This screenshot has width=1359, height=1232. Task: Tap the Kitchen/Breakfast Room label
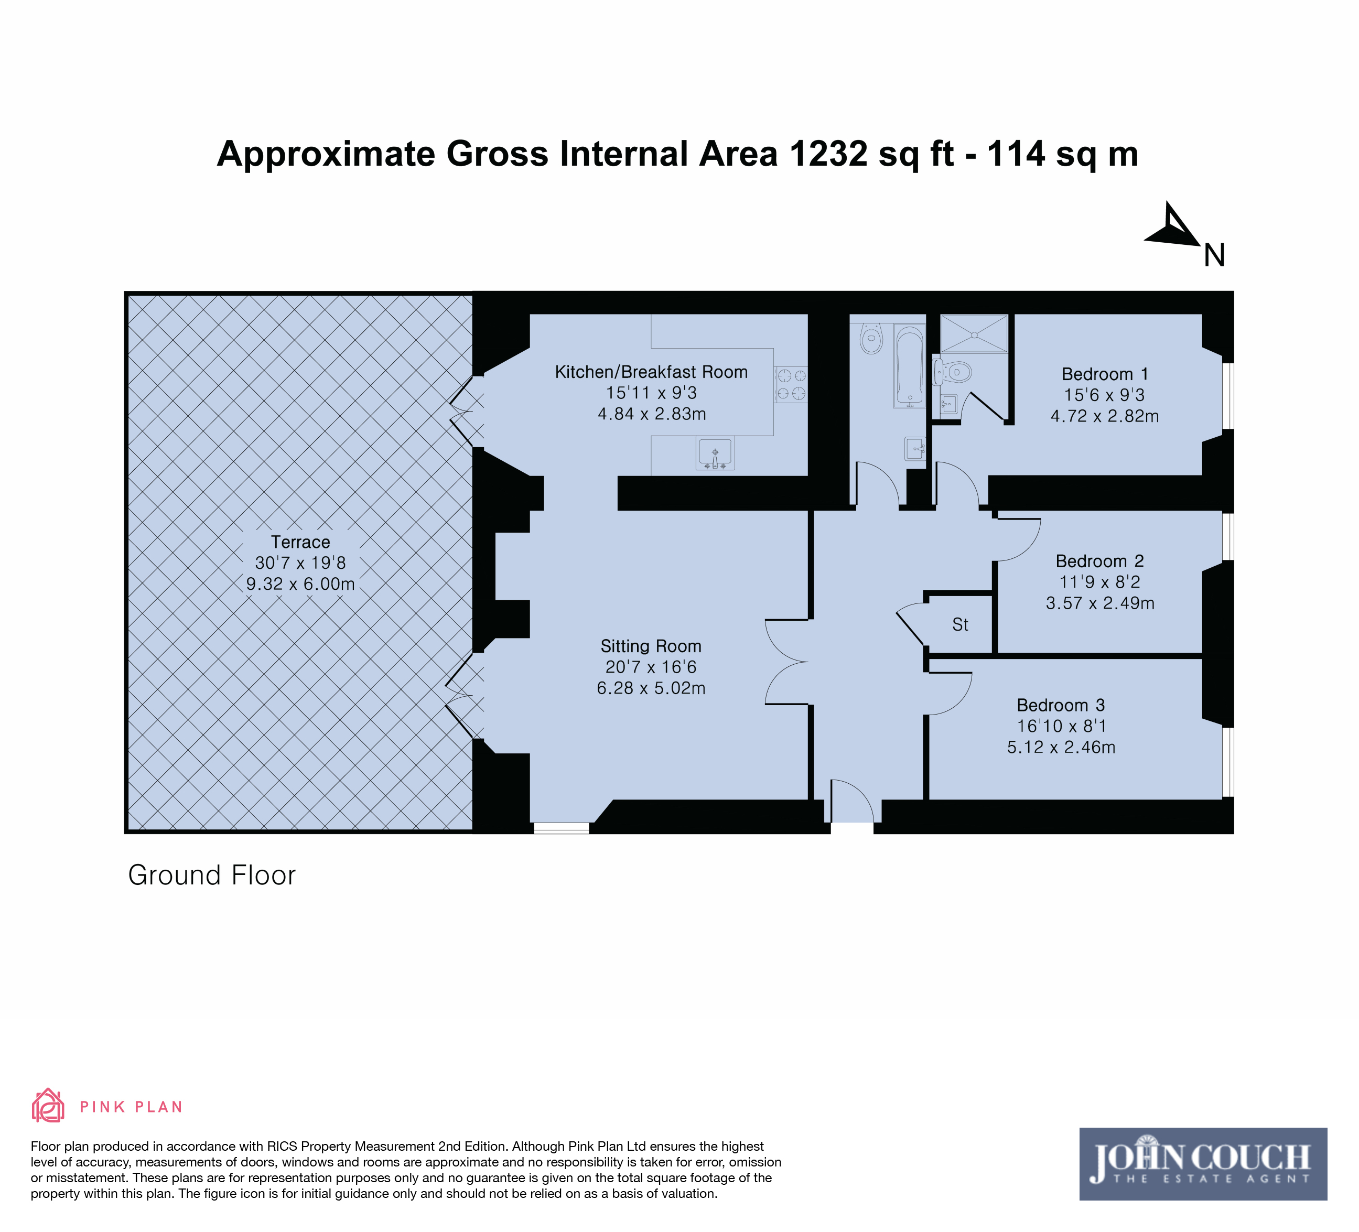pyautogui.click(x=651, y=372)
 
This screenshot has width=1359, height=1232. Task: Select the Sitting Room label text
pyautogui.click(x=651, y=646)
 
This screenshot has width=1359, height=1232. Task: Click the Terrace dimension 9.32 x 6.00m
pyautogui.click(x=300, y=583)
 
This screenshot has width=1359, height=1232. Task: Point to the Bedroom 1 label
pyautogui.click(x=1105, y=374)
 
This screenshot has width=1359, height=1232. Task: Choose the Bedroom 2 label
pyautogui.click(x=1100, y=561)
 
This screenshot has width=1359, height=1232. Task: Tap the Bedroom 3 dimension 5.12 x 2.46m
pyautogui.click(x=1061, y=747)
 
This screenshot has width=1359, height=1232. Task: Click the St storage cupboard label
pyautogui.click(x=960, y=625)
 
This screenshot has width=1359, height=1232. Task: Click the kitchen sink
pyautogui.click(x=715, y=453)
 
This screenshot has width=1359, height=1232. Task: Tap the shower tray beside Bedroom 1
pyautogui.click(x=974, y=333)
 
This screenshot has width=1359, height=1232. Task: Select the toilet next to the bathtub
pyautogui.click(x=871, y=338)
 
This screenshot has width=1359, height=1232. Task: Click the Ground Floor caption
pyautogui.click(x=212, y=876)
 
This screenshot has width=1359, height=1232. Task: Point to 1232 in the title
pyautogui.click(x=828, y=154)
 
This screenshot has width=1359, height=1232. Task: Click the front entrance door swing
pyautogui.click(x=852, y=801)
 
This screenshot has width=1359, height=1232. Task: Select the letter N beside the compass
pyautogui.click(x=1214, y=255)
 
